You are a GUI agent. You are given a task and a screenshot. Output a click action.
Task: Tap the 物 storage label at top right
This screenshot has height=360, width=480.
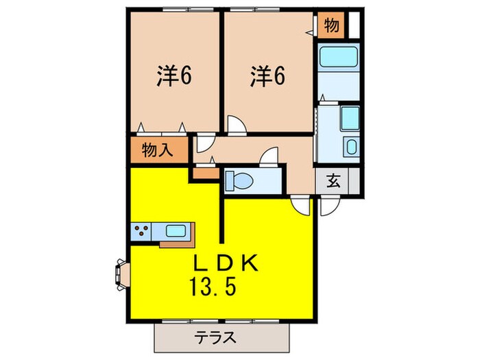point(331,26)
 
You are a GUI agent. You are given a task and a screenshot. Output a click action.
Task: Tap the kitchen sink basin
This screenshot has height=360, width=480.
point(176,232)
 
